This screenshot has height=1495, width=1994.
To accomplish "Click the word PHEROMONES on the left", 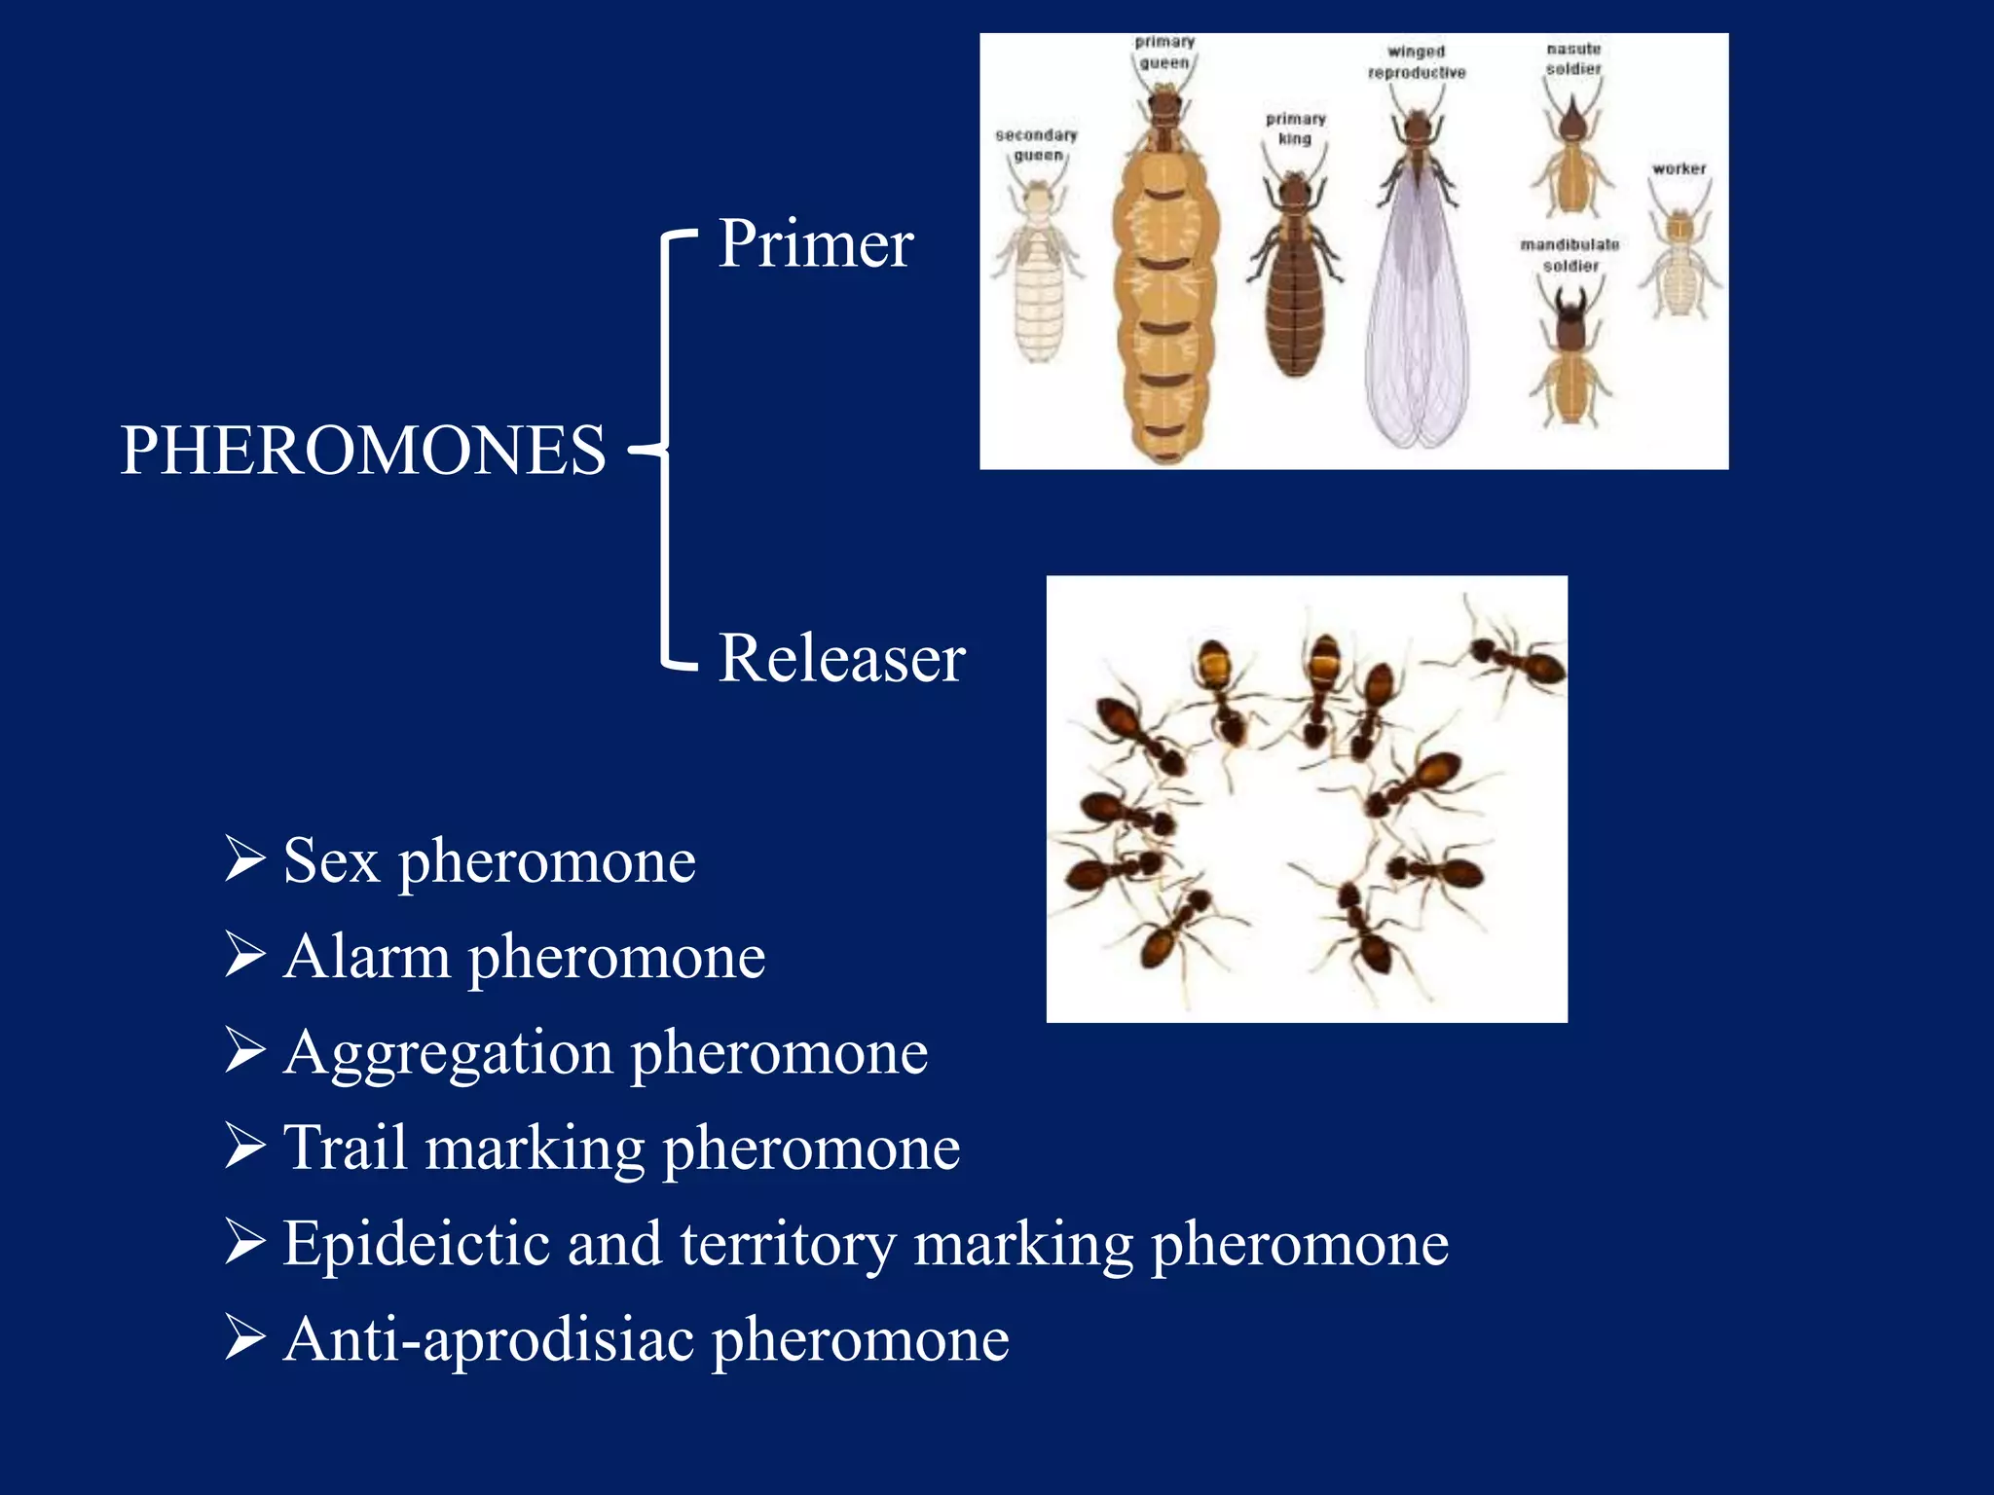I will [362, 451].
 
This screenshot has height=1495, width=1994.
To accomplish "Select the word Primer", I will [815, 243].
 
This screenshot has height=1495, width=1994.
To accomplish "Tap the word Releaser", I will [841, 659].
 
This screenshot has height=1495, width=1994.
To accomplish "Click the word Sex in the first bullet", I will [331, 861].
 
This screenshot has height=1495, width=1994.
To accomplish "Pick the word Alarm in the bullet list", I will [367, 957].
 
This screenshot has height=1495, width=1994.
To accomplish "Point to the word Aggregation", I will [449, 1054].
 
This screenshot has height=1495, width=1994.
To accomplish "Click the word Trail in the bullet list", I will [345, 1148].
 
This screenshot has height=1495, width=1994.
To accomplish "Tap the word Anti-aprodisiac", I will [489, 1339].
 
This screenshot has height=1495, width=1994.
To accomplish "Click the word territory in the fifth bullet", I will [787, 1244].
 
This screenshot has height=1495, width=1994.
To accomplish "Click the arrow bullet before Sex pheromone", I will [244, 858].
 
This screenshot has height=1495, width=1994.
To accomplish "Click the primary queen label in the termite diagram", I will [1164, 53].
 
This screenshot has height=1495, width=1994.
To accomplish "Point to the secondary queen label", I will [1037, 145].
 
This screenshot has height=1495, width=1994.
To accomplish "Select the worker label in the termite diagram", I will [1679, 169].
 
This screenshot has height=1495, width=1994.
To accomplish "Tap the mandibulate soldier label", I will [1569, 255].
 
